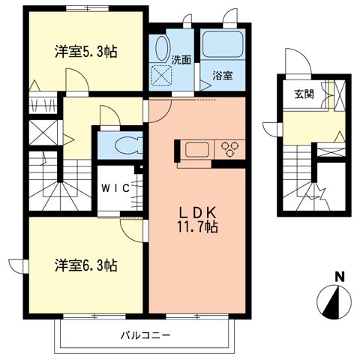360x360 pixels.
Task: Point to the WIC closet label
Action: tap(116, 188)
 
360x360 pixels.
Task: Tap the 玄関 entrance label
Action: tap(304, 94)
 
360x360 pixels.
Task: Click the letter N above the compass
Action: tap(339, 277)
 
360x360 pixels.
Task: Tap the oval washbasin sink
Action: tap(161, 50)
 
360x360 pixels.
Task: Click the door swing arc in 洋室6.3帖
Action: tap(128, 229)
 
